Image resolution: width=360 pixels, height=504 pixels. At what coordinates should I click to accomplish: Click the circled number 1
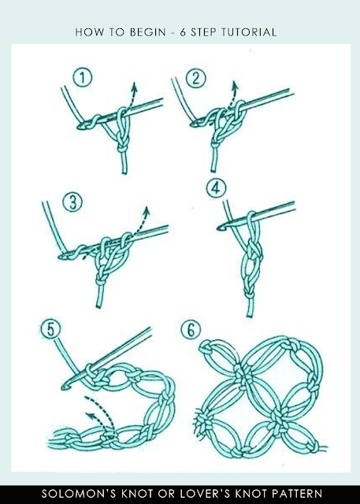(x=83, y=78)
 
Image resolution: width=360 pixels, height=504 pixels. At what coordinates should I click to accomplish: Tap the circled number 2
(x=195, y=79)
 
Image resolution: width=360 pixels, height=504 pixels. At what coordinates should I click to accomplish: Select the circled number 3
(x=72, y=202)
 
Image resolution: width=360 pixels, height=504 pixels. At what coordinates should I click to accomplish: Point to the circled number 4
(x=216, y=188)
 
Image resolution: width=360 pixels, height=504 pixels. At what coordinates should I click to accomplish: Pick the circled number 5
(x=50, y=329)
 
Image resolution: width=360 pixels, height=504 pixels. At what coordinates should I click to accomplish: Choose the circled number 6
(x=191, y=330)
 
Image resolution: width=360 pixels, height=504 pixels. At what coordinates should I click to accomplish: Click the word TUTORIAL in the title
(x=249, y=32)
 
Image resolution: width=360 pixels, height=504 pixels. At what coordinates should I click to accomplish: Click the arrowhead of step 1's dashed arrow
(x=135, y=85)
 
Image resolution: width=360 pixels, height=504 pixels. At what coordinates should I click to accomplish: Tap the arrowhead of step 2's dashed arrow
(x=236, y=84)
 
